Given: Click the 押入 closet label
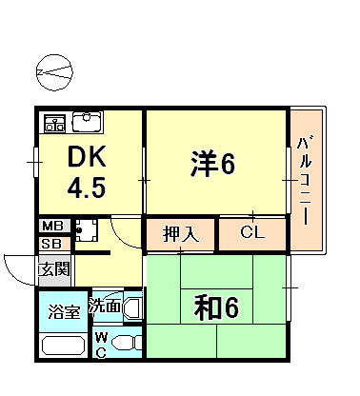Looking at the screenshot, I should click(181, 233).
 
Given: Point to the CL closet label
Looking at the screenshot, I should click(252, 232).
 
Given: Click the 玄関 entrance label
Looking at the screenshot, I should click(53, 268).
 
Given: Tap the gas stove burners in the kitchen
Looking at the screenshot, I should click(54, 123).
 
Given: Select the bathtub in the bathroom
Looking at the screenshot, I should click(63, 345).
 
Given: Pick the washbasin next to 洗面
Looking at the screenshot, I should click(131, 308).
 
